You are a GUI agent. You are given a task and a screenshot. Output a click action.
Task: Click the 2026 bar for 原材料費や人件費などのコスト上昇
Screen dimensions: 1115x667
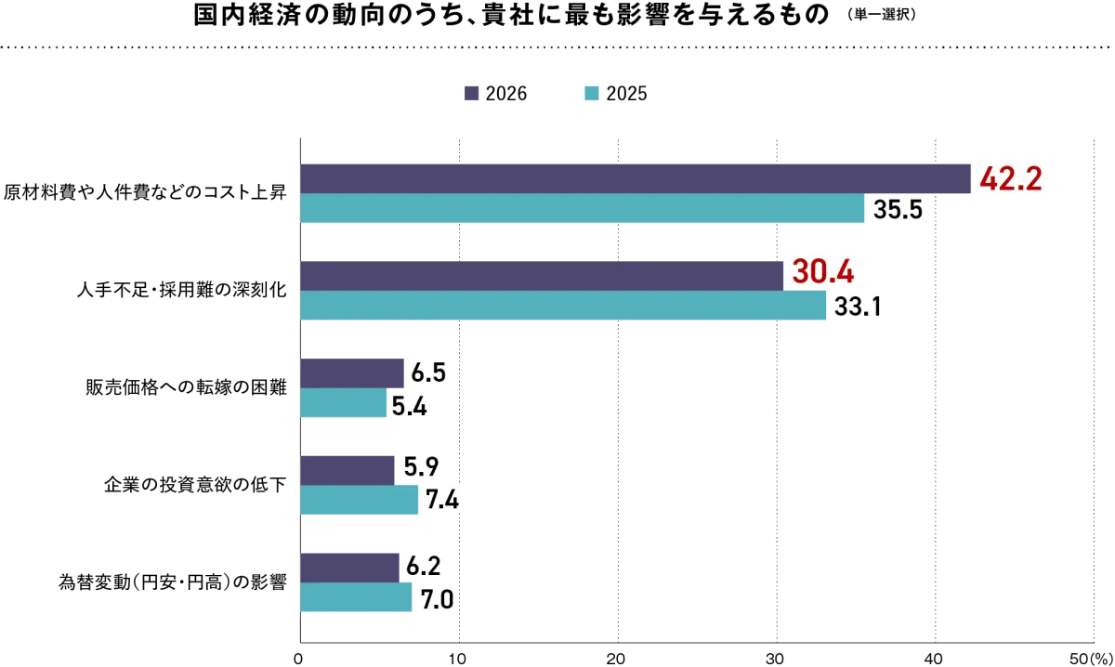coord(636,178)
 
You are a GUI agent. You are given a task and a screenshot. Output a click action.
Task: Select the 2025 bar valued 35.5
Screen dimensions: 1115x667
coord(583,208)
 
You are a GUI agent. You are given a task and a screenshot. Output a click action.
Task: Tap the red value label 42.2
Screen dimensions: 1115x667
coord(1011,179)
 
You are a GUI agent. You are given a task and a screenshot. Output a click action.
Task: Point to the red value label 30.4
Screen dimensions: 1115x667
coord(823,272)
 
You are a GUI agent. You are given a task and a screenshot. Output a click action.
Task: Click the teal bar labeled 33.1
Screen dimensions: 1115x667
coord(563,305)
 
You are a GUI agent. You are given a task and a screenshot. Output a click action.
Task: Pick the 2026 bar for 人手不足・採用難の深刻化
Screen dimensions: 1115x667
coord(542,276)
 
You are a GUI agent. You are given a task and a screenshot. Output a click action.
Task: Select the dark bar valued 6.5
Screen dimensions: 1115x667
coord(352,373)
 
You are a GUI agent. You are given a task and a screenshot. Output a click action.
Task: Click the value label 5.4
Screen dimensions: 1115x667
coord(409,406)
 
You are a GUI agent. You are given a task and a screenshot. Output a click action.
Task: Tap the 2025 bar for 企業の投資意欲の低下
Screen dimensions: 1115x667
coord(360,500)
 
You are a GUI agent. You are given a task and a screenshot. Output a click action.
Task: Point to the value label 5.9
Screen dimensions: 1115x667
coord(421,467)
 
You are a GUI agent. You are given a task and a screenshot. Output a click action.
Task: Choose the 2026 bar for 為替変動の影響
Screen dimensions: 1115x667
coord(350,568)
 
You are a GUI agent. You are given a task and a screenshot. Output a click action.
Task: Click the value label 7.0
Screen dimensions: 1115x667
coord(437,600)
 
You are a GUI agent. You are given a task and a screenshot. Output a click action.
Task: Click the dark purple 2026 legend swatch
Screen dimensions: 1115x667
coord(471,93)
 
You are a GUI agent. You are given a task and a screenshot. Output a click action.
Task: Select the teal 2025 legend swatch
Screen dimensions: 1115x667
coord(591,93)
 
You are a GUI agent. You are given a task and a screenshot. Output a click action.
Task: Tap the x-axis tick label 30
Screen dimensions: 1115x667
coord(775,659)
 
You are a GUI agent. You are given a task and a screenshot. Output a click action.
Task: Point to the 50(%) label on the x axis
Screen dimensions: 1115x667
coord(1091,659)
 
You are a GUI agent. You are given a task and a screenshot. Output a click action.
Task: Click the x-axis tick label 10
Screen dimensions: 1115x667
coord(457,659)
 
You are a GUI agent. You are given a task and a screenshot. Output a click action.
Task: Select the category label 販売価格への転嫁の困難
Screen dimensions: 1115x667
coord(186,387)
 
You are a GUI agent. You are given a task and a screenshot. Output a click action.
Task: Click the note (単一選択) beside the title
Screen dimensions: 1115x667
coord(882,15)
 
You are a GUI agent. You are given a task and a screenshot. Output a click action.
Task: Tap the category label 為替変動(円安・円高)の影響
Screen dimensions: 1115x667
coord(173,582)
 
